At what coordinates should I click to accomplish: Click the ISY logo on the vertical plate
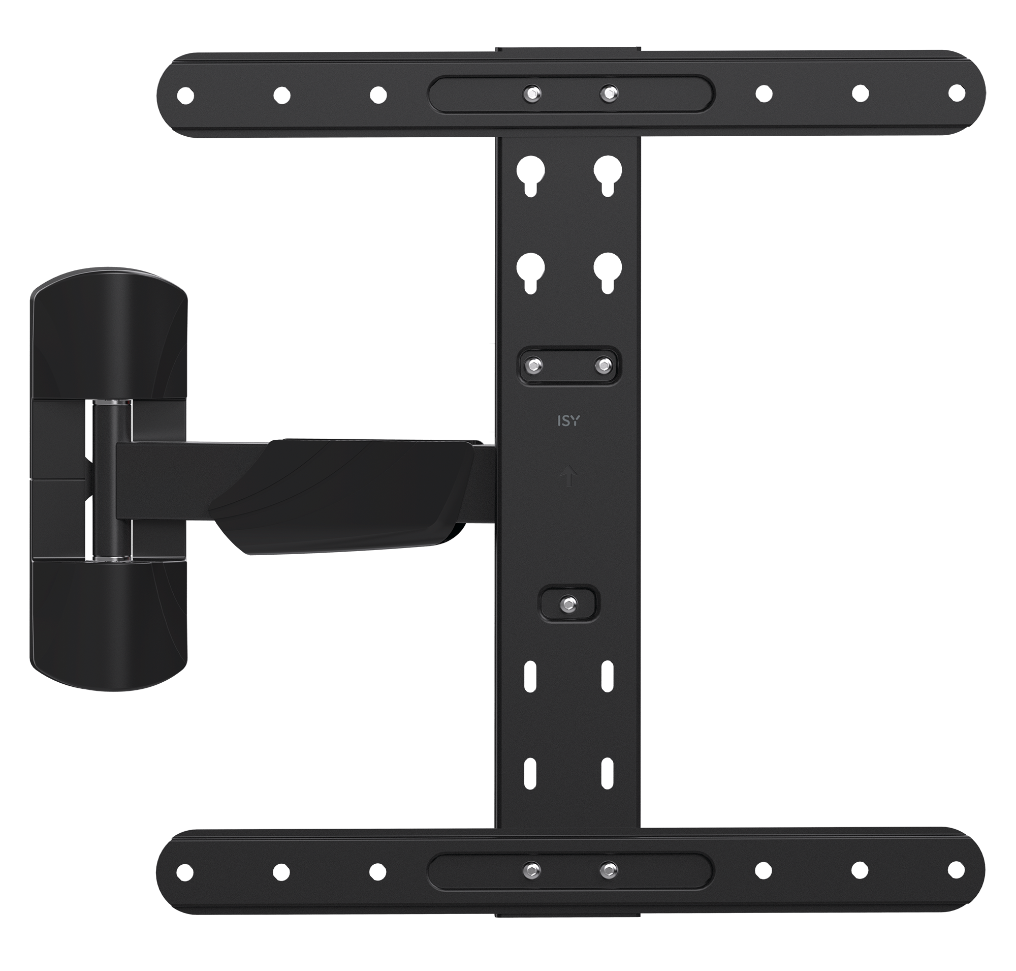pyautogui.click(x=568, y=421)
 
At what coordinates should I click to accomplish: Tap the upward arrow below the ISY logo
pyautogui.click(x=569, y=476)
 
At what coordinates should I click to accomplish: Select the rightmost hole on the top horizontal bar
pyautogui.click(x=957, y=93)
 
